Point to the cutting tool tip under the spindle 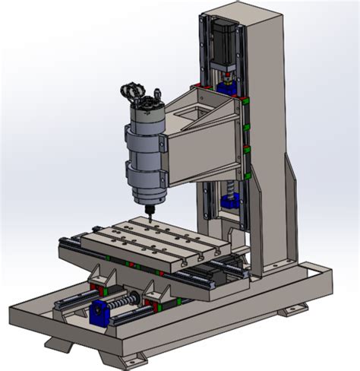tap(148, 214)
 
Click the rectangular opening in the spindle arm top tap(193, 112)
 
